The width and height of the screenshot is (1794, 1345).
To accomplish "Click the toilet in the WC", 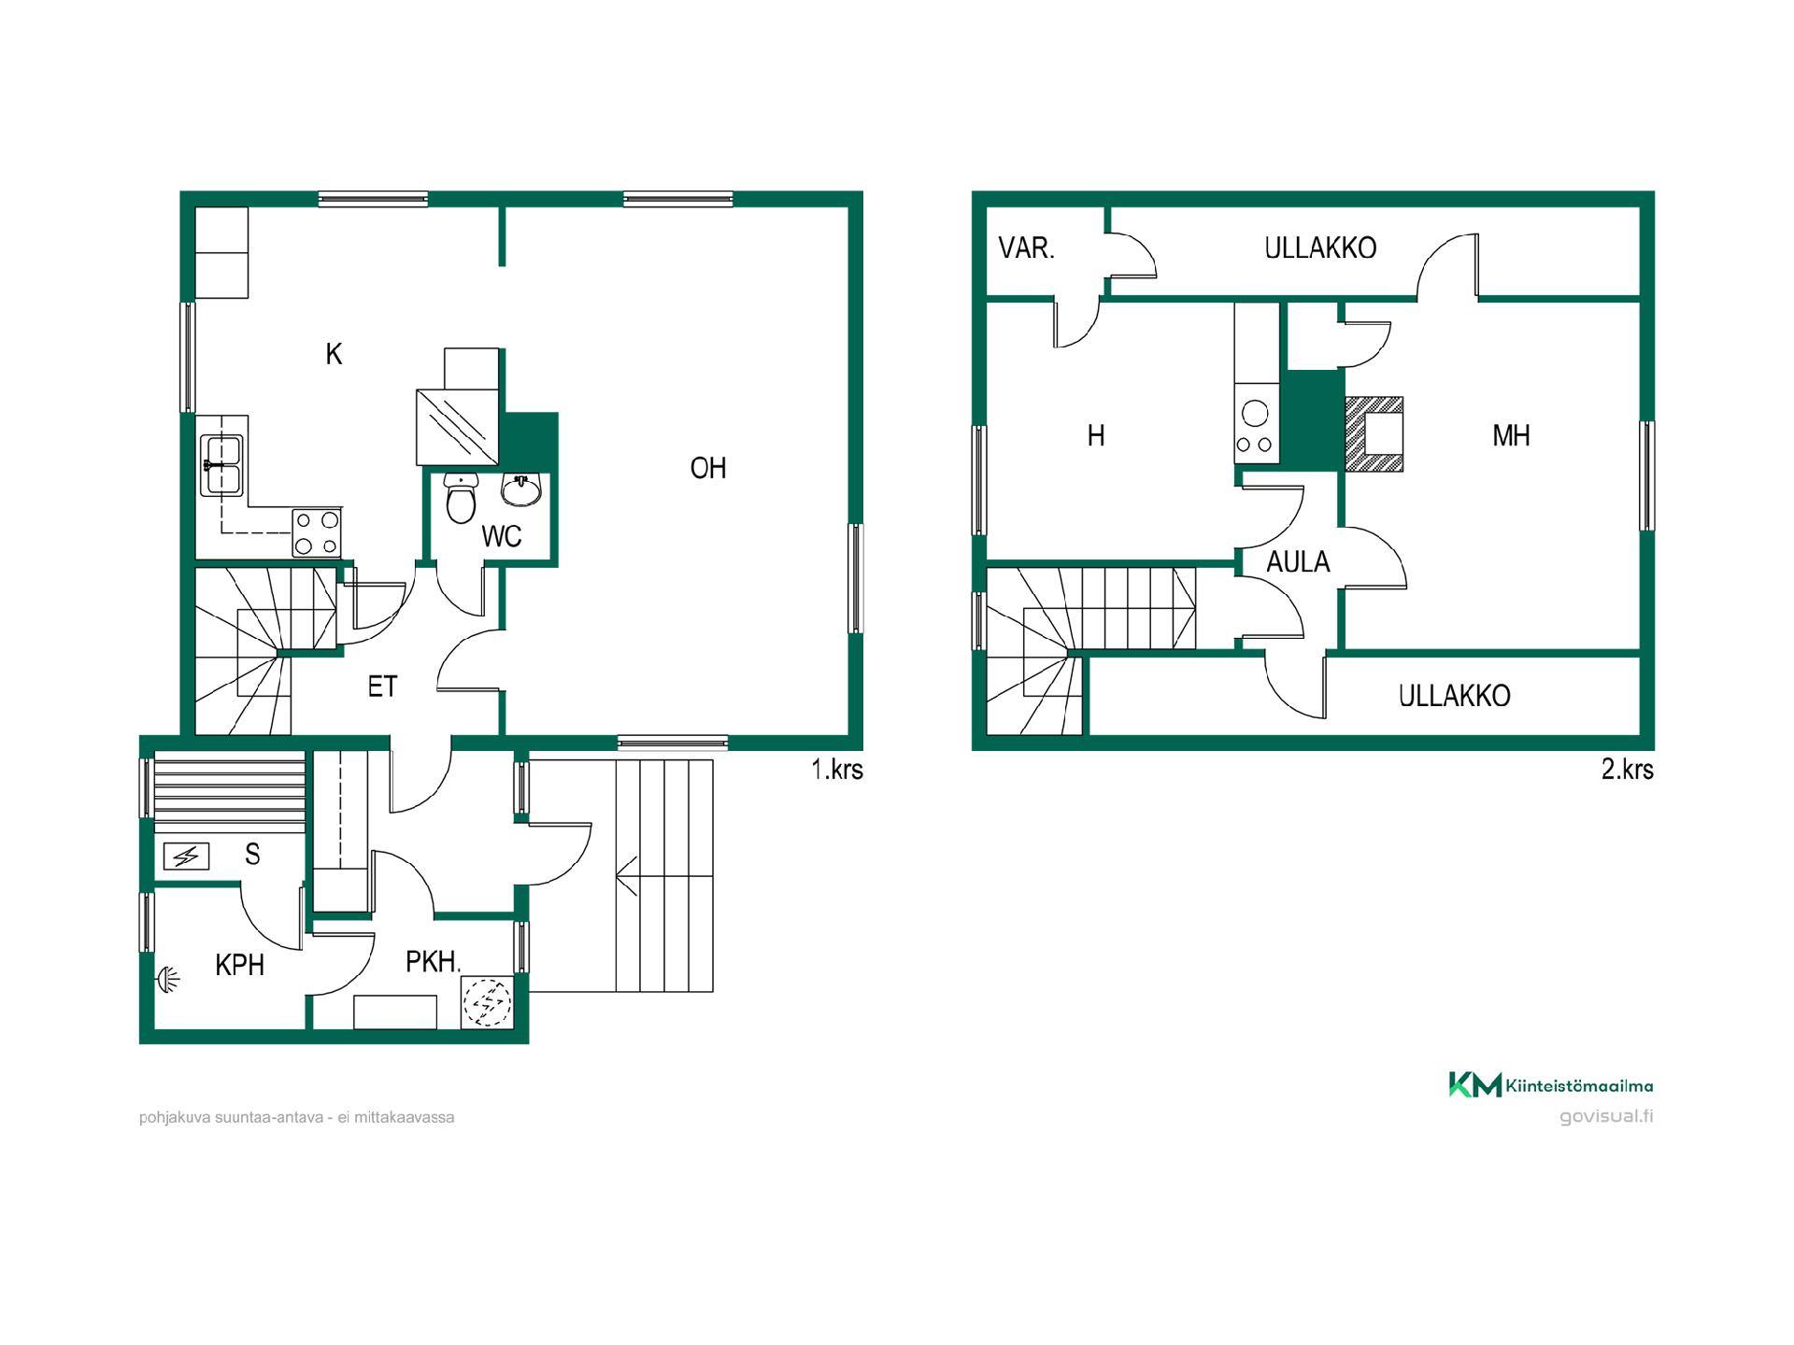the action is [462, 498].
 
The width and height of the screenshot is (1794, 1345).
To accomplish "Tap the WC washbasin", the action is [521, 489].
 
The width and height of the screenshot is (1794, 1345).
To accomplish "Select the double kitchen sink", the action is [222, 465].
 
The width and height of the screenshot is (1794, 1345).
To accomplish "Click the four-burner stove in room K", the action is [317, 532].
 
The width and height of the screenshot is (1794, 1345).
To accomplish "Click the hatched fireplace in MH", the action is [1374, 434].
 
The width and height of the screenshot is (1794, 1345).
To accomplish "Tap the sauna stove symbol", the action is [186, 856].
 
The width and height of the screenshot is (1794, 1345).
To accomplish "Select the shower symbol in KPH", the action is [168, 979].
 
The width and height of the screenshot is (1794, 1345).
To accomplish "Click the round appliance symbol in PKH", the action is [487, 1002].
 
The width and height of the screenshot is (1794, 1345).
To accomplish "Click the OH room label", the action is [708, 468].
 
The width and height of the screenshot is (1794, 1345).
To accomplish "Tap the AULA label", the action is [1298, 561].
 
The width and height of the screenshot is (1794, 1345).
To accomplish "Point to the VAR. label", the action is [1026, 248].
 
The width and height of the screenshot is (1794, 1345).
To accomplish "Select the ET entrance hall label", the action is [382, 687].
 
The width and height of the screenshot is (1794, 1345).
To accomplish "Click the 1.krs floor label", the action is [837, 770].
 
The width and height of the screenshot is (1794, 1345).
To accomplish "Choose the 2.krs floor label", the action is [1628, 770].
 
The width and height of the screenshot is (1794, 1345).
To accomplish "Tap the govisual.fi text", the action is [1606, 1117].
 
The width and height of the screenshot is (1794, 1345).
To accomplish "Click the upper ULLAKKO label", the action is [1320, 248].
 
